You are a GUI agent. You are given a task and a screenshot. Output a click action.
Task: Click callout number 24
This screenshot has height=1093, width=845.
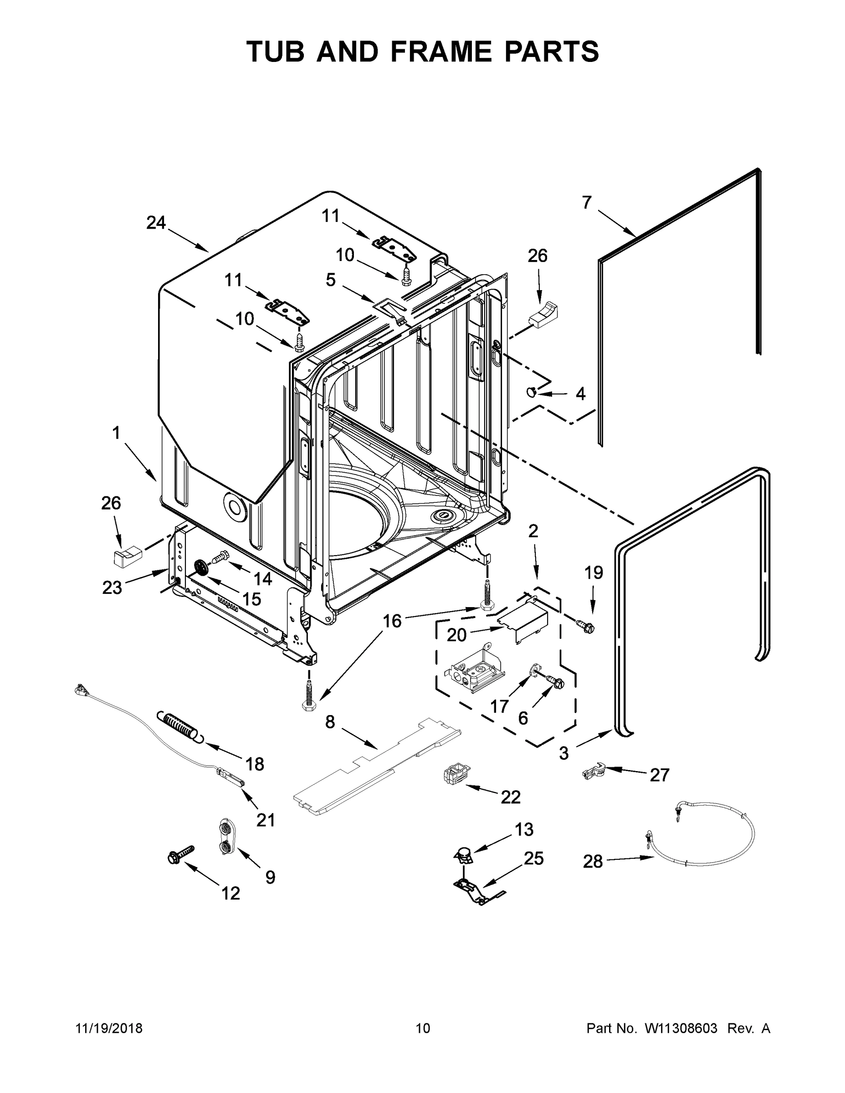click(x=156, y=222)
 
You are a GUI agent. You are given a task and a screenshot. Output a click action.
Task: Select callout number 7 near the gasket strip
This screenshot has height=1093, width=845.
click(x=587, y=202)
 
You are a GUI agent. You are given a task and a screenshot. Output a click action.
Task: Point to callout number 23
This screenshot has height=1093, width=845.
click(x=112, y=587)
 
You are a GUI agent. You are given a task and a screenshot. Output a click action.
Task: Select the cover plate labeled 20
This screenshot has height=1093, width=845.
click(x=525, y=621)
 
